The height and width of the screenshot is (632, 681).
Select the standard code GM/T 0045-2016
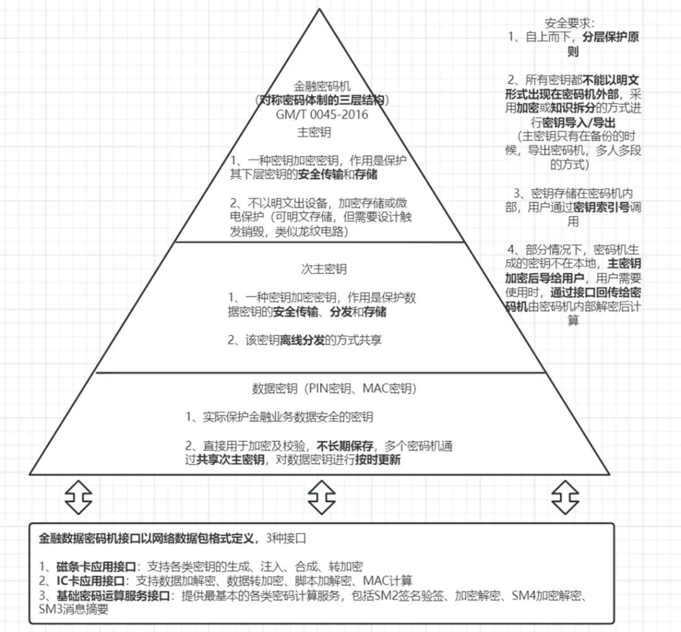322,115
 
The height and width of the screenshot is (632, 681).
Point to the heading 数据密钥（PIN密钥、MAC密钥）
334,388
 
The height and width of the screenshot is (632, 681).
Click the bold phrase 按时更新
377,460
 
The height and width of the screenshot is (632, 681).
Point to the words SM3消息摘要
73,609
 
